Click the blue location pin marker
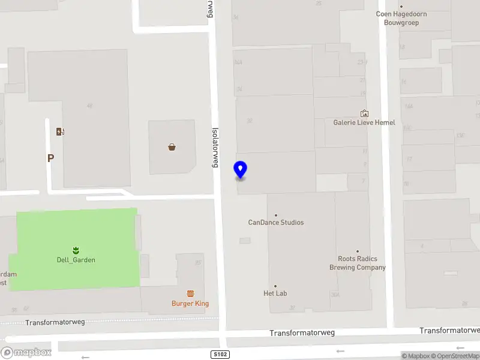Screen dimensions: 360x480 click(x=241, y=170)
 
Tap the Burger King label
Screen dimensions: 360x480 click(x=190, y=304)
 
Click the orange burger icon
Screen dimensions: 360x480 click(x=190, y=293)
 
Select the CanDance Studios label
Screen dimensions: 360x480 click(x=276, y=223)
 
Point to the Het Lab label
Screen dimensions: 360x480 click(x=275, y=293)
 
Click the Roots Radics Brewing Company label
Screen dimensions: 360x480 click(x=358, y=263)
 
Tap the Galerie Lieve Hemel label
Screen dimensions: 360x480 click(x=364, y=122)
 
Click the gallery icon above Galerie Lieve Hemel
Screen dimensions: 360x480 click(x=364, y=113)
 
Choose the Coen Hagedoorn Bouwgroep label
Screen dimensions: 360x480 click(x=401, y=18)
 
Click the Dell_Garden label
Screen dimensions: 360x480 click(x=76, y=260)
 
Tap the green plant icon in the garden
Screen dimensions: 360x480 click(x=76, y=250)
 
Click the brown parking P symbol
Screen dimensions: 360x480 click(x=51, y=158)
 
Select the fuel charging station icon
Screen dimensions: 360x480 click(x=60, y=132)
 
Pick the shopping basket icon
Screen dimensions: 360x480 click(x=172, y=146)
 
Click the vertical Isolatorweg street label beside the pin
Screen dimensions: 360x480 click(x=215, y=146)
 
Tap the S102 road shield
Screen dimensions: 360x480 click(x=220, y=355)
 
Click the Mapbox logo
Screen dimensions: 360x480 click(x=26, y=353)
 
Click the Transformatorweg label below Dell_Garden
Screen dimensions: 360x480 click(x=55, y=322)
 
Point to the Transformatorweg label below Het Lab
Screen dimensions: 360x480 click(x=302, y=333)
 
